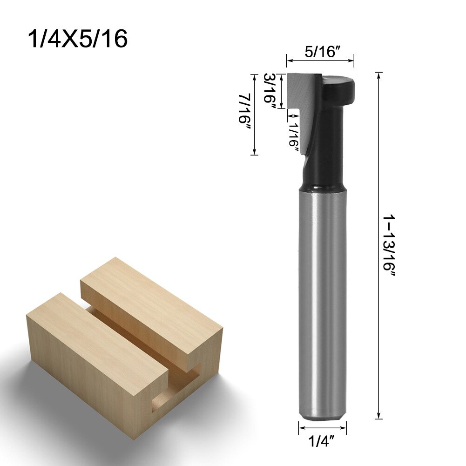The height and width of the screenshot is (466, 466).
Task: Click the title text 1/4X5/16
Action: click(78, 39)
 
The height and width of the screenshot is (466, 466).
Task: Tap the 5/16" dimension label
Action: click(320, 52)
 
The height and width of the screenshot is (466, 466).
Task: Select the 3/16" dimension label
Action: click(270, 91)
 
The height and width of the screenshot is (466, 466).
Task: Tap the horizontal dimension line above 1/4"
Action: click(322, 427)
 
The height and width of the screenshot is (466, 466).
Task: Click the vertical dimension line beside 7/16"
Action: click(254, 115)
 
